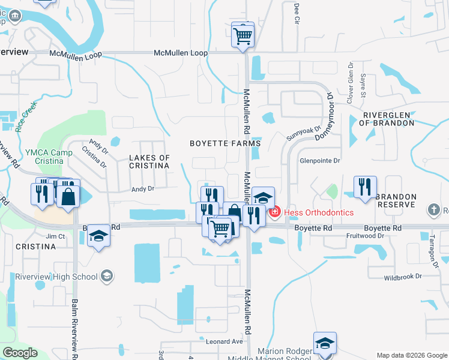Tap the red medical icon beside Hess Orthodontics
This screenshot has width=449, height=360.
[274, 212]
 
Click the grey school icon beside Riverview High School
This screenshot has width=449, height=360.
[107, 276]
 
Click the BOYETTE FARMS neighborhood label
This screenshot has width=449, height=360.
[225, 143]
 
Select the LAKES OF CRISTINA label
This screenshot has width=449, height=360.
[149, 162]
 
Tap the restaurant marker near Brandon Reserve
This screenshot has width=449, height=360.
[365, 187]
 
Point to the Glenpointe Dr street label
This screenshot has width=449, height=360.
[320, 161]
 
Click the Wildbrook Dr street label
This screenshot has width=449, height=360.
[403, 277]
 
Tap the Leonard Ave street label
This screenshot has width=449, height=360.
[224, 341]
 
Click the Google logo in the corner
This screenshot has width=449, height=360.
[20, 353]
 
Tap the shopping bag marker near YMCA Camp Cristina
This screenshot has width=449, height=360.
[69, 196]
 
